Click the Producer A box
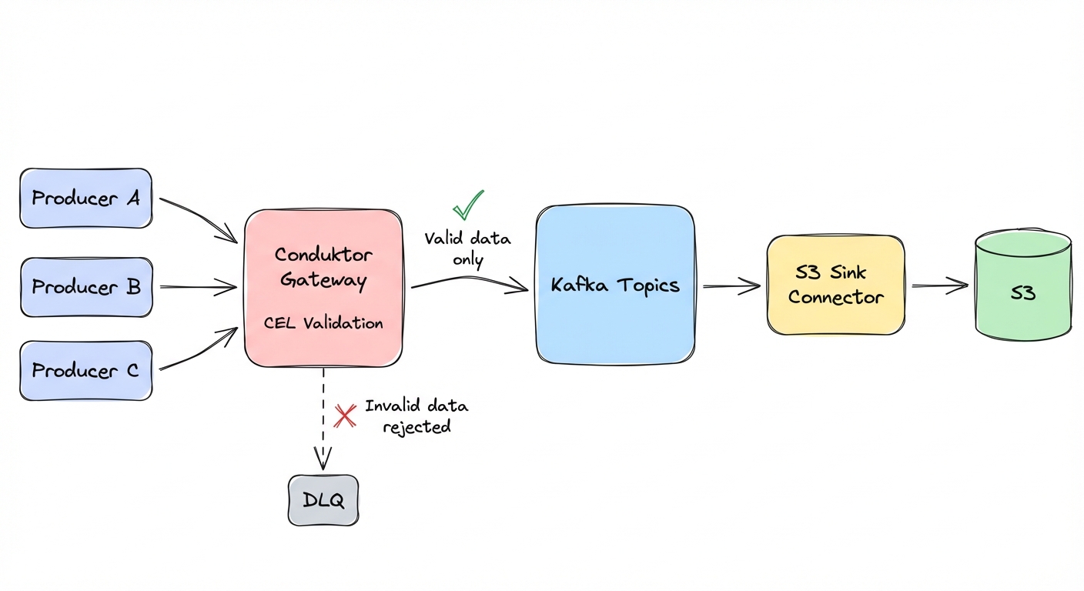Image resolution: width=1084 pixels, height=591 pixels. tap(85, 199)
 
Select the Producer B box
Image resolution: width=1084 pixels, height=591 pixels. tap(86, 287)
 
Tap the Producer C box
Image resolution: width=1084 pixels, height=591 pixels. tap(85, 371)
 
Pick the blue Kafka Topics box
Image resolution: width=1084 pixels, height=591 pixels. tap(615, 285)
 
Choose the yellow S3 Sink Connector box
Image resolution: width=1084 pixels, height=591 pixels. tap(835, 285)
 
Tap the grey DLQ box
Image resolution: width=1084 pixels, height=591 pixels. tap(323, 500)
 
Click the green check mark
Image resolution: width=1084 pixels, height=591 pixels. tap(467, 205)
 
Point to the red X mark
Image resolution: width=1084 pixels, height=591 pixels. tap(345, 416)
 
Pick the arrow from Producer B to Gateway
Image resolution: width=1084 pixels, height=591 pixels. tap(199, 288)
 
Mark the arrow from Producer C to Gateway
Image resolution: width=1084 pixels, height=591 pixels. tap(199, 350)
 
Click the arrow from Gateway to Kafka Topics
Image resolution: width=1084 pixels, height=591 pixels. tap(470, 282)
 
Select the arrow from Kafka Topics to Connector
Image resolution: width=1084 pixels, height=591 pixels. tap(731, 286)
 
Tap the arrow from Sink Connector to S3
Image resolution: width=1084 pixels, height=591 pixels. tap(939, 286)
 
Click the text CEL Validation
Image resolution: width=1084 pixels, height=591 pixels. tap(323, 323)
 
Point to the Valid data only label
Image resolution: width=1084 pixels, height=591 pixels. tap(467, 249)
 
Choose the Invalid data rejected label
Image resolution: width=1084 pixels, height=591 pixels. tap(417, 416)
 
